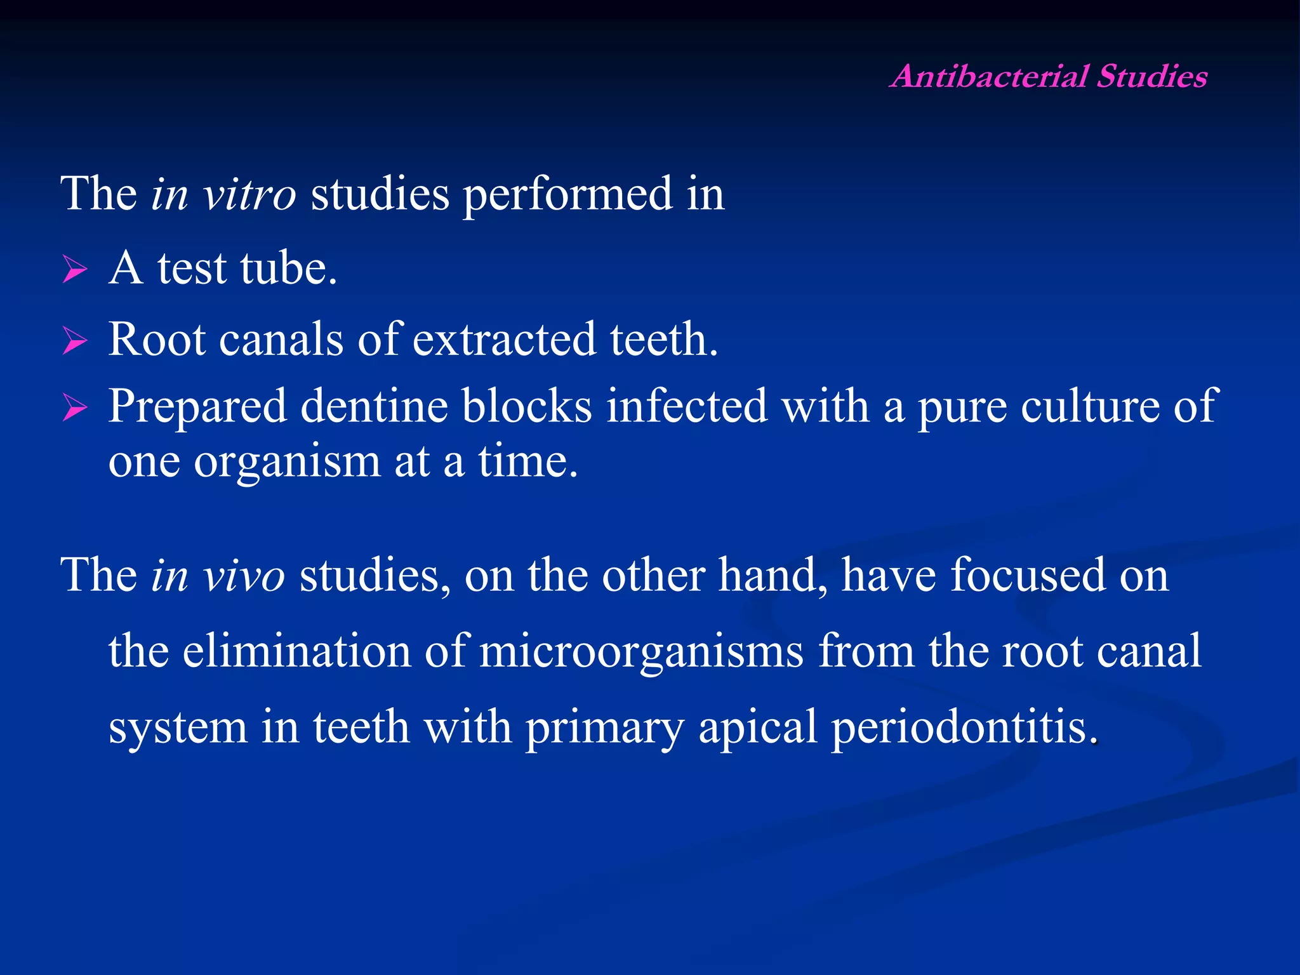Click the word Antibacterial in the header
pos(990,77)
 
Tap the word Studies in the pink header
pos(1152,77)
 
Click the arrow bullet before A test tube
pos(75,270)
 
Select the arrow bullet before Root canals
pos(75,341)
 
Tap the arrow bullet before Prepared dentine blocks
pos(75,408)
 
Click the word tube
pos(288,269)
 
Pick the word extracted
pos(504,340)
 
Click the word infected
pos(686,406)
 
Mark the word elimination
pos(296,651)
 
